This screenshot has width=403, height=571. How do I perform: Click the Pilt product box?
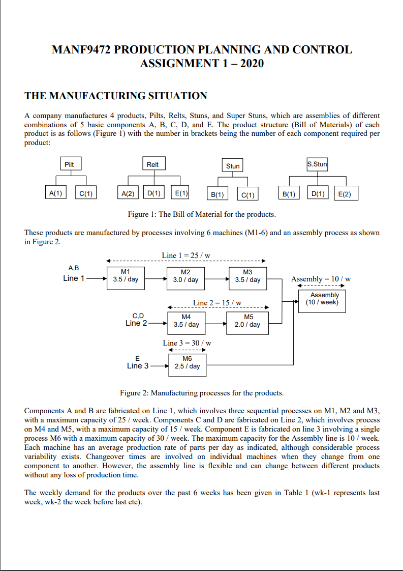point(69,164)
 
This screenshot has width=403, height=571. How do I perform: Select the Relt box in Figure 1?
point(152,164)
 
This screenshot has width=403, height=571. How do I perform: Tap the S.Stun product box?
point(317,164)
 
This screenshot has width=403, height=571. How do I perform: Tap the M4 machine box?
point(186,321)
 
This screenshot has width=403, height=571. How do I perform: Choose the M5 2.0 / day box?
point(247,321)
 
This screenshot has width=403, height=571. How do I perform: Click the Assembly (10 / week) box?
point(324,299)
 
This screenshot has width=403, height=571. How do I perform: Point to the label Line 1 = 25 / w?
point(186,255)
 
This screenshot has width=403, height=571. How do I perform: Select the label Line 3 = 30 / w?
point(187,343)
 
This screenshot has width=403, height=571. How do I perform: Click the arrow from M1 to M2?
point(156,279)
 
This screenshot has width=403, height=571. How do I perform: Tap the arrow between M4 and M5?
point(215,323)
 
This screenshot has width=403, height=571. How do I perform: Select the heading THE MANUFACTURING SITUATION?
point(116,96)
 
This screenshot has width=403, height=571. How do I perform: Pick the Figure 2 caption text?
point(202,393)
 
